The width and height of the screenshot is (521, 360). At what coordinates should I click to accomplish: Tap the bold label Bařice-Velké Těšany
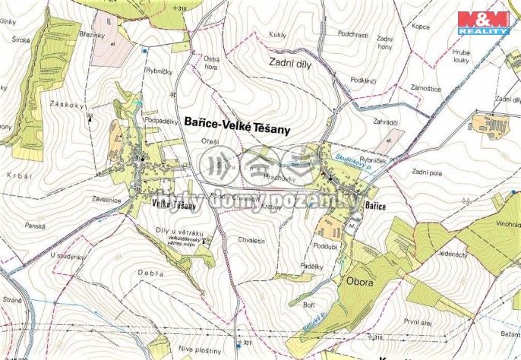tap(237, 128)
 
